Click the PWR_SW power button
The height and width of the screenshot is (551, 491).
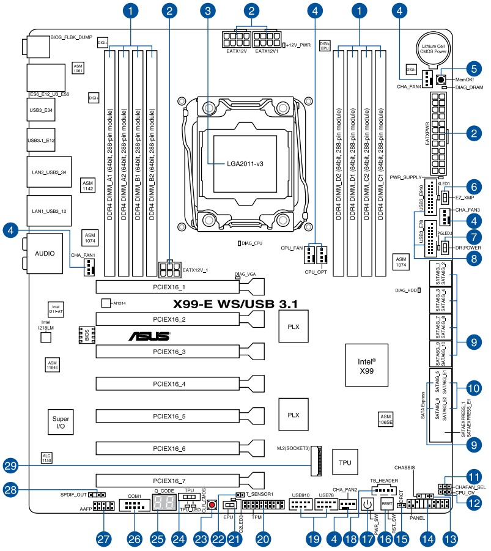point(367,504)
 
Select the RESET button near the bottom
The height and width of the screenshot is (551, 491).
point(386,503)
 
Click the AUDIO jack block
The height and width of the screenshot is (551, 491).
point(43,253)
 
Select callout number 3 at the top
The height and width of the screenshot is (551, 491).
point(210,10)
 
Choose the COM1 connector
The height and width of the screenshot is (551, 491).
point(135,506)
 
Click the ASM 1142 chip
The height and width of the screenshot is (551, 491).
point(89,186)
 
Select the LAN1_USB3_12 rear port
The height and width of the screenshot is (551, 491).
point(47,211)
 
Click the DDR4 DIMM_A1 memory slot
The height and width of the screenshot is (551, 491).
point(109,162)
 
